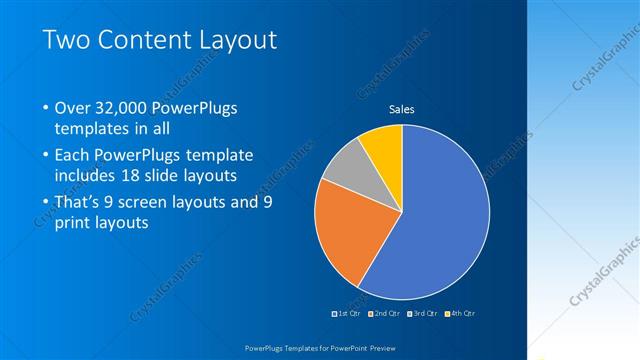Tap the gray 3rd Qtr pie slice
pyautogui.click(x=346, y=166)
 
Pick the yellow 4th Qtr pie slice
pyautogui.click(x=383, y=146)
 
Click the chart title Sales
pyautogui.click(x=401, y=109)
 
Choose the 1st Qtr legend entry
pyautogui.click(x=345, y=314)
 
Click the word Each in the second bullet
pyautogui.click(x=74, y=156)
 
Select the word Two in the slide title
pyautogui.click(x=65, y=41)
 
